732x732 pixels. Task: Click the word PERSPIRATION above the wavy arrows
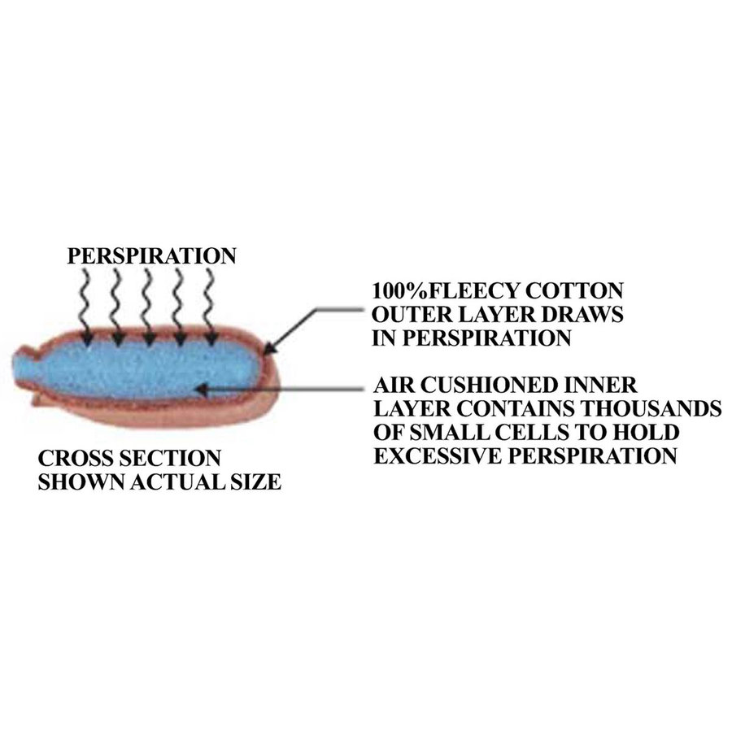152,256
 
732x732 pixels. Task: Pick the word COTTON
575,291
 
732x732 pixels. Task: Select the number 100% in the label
399,291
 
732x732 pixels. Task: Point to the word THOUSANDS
651,408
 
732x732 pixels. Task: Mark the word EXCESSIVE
438,455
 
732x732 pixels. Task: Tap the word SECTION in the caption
169,458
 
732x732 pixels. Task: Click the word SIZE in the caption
255,481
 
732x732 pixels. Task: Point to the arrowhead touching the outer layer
271,346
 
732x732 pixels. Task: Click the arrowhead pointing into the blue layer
202,389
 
